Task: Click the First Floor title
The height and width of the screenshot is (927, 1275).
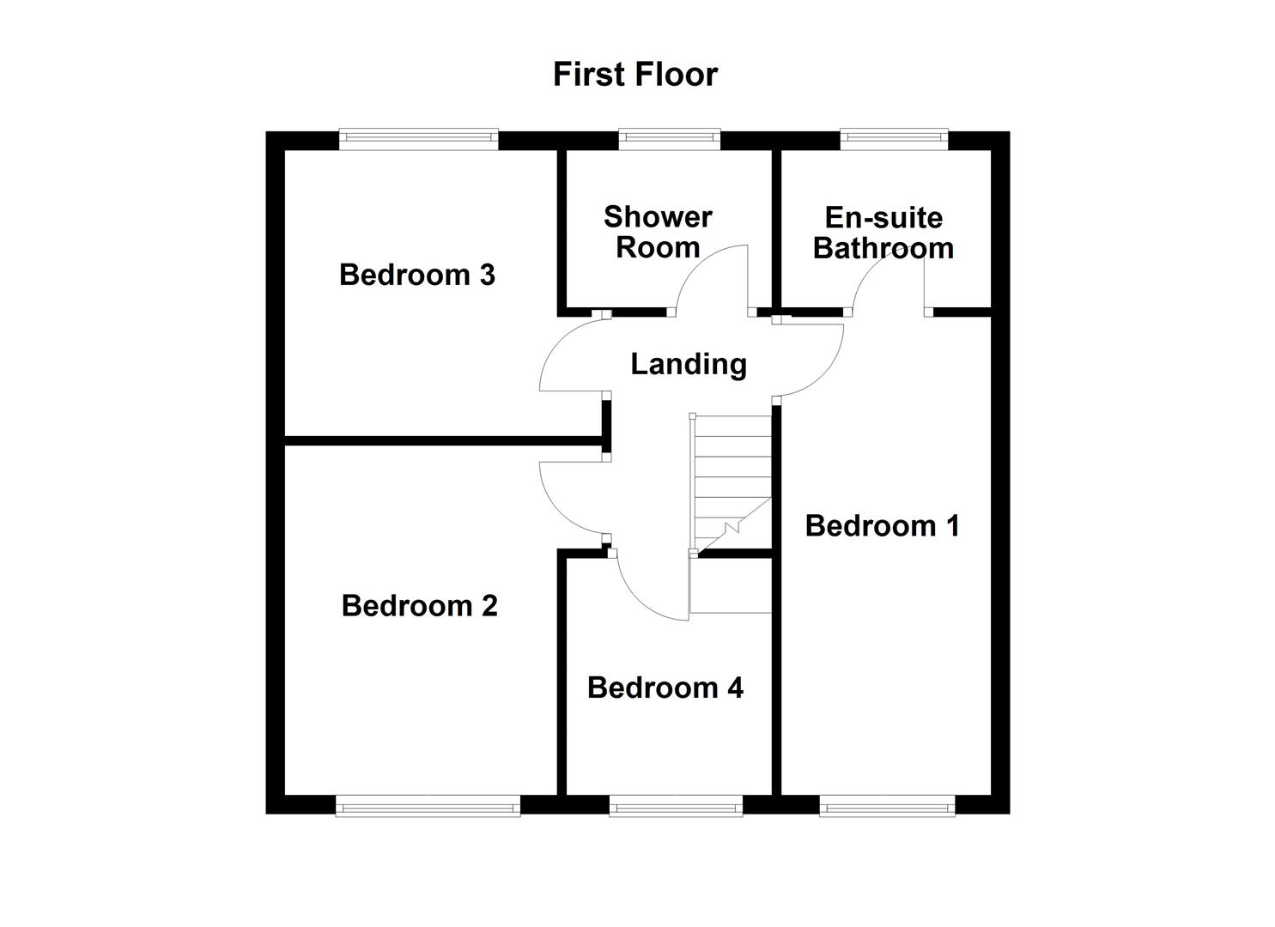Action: click(634, 75)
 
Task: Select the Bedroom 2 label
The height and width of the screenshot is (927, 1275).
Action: click(419, 606)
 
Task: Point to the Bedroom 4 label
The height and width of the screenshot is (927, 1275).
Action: click(665, 688)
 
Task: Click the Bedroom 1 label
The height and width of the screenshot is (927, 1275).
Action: click(882, 526)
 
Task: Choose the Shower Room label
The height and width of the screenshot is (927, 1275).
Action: click(657, 233)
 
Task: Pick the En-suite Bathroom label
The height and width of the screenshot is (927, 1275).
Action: click(883, 233)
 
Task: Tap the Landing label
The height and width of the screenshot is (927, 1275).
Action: click(688, 365)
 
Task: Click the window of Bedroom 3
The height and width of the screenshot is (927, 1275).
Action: click(418, 136)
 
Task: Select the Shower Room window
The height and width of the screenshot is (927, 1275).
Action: click(669, 136)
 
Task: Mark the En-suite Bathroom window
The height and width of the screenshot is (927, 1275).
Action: click(893, 136)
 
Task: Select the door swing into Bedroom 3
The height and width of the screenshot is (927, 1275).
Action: click(571, 356)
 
